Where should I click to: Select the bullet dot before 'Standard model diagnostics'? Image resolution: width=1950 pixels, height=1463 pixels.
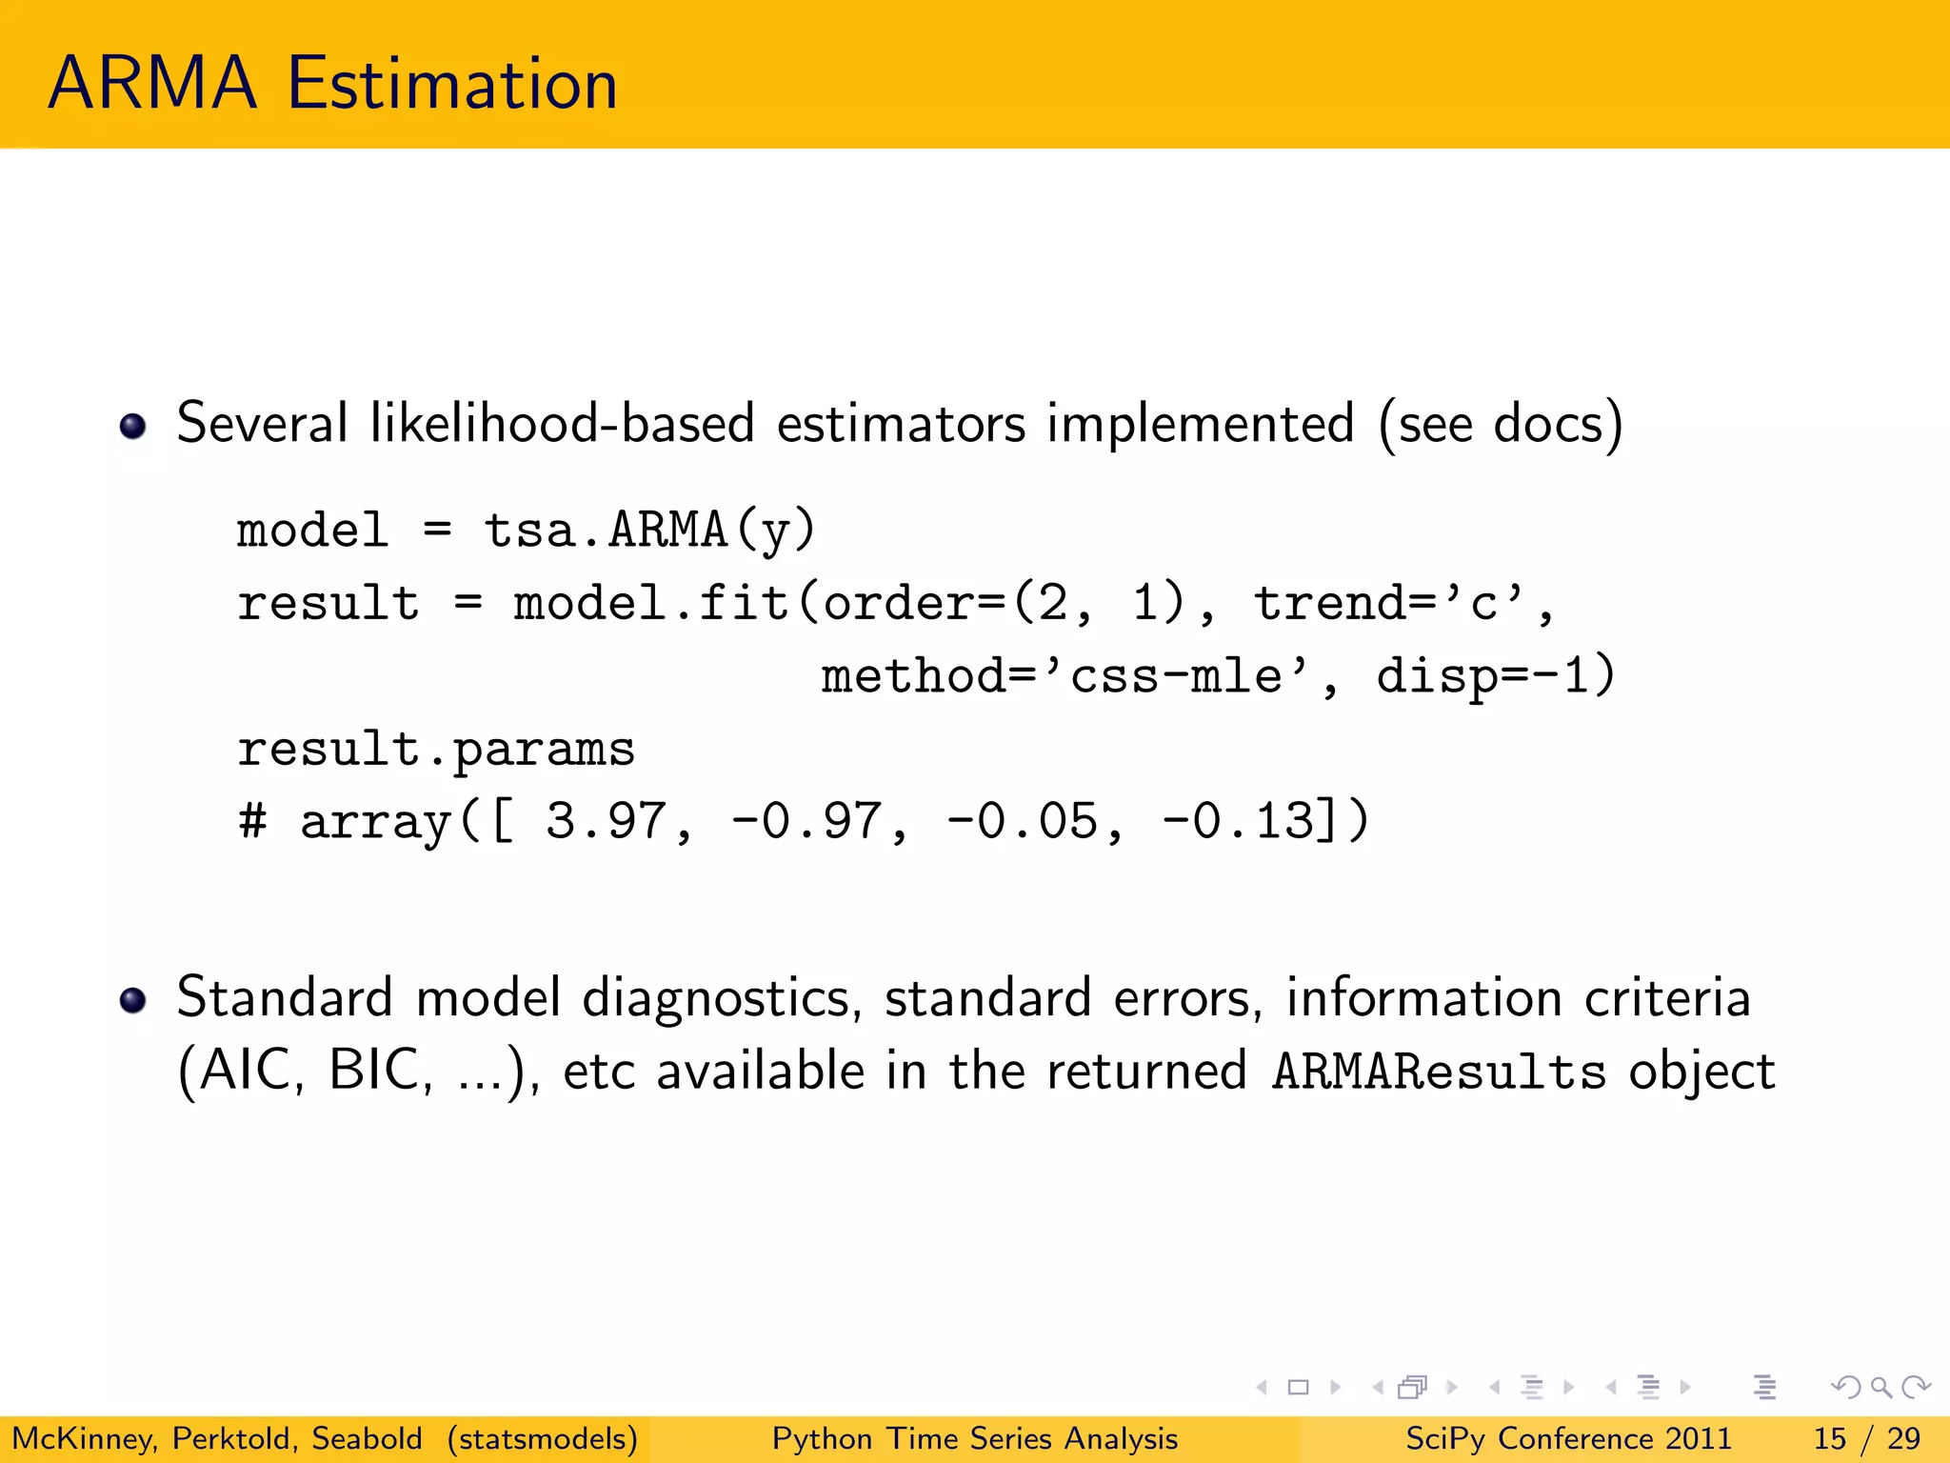click(133, 1000)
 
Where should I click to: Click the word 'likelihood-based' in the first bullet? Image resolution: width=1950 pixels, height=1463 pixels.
click(562, 423)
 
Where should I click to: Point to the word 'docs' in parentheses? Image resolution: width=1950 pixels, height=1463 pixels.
click(1548, 423)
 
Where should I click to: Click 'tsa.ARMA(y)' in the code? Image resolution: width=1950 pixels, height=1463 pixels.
click(649, 530)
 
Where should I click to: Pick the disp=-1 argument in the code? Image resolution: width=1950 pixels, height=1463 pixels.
click(1495, 676)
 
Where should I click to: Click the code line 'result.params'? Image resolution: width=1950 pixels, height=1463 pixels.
click(436, 750)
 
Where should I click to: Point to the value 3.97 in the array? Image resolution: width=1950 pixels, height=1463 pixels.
click(606, 821)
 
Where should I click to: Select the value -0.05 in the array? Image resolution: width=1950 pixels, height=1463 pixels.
click(1023, 821)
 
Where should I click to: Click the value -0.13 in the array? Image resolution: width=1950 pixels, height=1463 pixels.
click(1238, 821)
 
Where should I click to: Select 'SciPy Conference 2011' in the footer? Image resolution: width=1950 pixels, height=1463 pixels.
click(1568, 1438)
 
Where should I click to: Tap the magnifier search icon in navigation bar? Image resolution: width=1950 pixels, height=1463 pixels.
click(1880, 1387)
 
